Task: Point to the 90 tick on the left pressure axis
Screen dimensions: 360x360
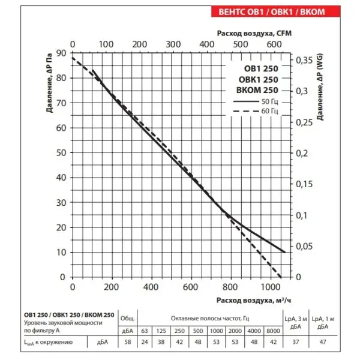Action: pos(61,53)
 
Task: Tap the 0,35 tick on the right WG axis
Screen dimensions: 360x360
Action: pos(304,61)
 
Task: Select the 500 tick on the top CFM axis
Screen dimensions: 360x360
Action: pos(241,44)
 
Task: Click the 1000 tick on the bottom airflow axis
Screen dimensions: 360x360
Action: pos(271,287)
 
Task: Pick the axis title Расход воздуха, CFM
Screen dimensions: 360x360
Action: pos(254,33)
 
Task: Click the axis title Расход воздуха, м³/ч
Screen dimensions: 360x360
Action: pos(254,300)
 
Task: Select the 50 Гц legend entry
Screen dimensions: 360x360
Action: pos(256,101)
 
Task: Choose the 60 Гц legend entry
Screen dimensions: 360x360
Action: pos(256,111)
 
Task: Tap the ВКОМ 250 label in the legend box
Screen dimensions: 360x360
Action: pos(257,90)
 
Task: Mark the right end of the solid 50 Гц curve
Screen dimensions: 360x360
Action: pos(285,252)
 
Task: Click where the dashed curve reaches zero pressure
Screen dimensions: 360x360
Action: pos(281,277)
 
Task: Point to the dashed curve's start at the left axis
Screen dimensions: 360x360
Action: pos(73,58)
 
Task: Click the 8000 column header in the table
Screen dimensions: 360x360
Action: pos(273,331)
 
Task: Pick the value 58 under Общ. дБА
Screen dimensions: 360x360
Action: pos(128,342)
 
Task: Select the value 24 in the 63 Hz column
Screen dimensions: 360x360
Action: pos(145,342)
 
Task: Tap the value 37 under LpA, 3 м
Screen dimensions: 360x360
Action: pos(296,342)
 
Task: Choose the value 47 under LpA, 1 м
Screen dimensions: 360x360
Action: pos(323,342)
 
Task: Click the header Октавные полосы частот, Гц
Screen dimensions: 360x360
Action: pos(210,319)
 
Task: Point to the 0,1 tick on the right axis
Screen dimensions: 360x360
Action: pos(301,215)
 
